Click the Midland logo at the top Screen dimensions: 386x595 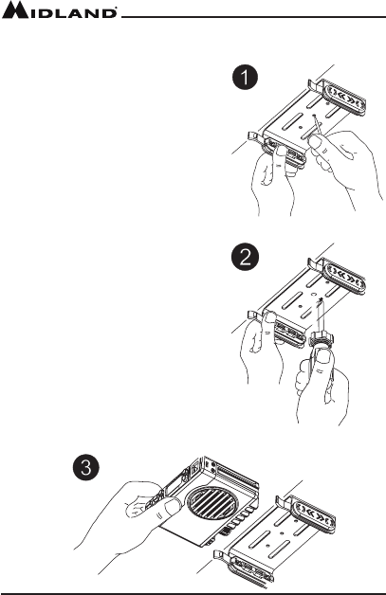[x=59, y=9]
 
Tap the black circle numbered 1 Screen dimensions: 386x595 [x=246, y=78]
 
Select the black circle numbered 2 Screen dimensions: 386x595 [x=246, y=259]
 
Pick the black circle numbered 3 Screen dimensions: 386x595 [x=86, y=467]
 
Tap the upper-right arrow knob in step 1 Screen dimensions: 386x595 [x=344, y=95]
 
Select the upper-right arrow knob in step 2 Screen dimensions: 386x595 [x=344, y=277]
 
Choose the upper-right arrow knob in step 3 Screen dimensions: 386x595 [x=314, y=514]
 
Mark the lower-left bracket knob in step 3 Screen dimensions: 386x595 [x=250, y=570]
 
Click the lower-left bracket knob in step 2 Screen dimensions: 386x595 [x=288, y=333]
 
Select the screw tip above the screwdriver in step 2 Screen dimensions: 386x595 [x=321, y=300]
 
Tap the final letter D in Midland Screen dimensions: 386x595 [x=109, y=13]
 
